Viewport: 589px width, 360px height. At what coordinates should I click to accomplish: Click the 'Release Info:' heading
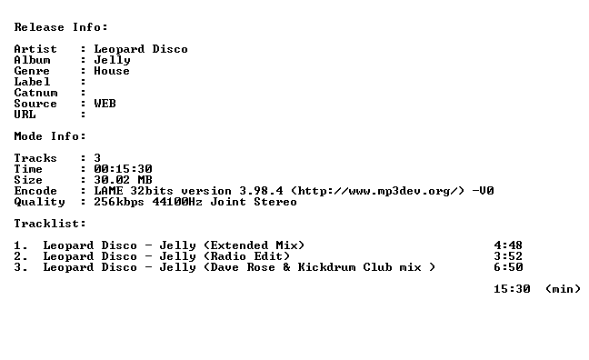pos(61,27)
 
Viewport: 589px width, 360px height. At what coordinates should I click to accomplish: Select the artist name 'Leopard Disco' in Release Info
pos(141,49)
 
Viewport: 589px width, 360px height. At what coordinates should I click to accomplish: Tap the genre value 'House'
pos(112,71)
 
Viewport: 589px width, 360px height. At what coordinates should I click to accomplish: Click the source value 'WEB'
pos(105,104)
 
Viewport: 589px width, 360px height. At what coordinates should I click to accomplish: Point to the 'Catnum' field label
pos(35,93)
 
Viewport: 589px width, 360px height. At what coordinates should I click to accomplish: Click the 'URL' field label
pos(25,115)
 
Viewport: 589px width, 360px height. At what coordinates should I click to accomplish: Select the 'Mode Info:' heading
pos(50,136)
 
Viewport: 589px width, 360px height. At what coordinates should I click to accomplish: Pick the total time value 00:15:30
pos(124,169)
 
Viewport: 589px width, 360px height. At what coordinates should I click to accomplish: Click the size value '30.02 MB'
pos(124,180)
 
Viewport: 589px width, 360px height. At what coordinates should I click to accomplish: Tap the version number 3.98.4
pos(262,191)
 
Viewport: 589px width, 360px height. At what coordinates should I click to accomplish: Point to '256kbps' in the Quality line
pos(119,202)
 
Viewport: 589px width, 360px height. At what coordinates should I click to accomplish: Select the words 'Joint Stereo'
pos(254,202)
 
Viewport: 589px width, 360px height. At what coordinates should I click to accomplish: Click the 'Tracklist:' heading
pos(50,224)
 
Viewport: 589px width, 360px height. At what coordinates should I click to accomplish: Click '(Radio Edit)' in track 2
pos(247,256)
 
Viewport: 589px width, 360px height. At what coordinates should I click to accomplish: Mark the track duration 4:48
pos(508,245)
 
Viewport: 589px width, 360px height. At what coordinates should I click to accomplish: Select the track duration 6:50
pos(508,267)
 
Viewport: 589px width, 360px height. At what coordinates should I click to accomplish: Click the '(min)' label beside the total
pos(563,289)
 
